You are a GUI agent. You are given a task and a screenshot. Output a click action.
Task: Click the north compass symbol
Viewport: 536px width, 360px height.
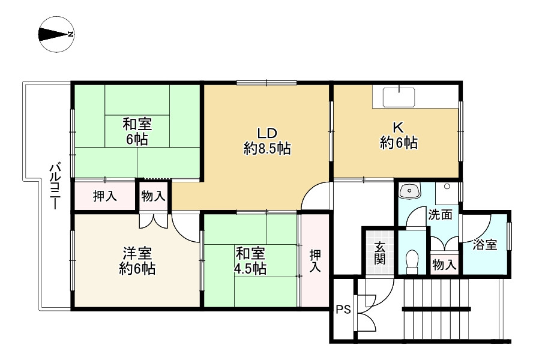56,34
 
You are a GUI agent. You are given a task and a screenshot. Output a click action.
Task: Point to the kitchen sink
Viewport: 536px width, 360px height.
399,96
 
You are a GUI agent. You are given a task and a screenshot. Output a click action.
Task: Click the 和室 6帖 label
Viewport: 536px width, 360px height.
137,132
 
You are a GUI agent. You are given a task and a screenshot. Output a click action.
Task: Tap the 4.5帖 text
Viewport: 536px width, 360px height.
250,268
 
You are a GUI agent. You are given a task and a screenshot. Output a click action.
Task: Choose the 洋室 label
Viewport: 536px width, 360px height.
137,253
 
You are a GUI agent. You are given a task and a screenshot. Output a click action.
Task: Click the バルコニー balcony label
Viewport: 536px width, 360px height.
54,185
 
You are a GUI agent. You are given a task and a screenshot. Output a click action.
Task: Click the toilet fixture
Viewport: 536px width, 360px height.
412,261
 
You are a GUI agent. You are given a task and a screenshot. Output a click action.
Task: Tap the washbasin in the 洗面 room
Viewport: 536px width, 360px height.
411,191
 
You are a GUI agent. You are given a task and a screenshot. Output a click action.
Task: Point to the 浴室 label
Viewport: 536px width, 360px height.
484,245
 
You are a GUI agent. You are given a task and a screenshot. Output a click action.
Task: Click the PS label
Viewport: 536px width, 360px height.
343,310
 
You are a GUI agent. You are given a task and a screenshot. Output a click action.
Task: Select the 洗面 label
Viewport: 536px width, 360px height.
440,215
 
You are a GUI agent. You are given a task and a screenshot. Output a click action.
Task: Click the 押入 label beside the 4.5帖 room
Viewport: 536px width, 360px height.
315,261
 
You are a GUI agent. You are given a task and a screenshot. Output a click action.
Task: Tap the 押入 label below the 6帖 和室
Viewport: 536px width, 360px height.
104,196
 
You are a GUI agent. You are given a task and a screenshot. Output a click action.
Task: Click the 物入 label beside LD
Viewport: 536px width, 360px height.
154,196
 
